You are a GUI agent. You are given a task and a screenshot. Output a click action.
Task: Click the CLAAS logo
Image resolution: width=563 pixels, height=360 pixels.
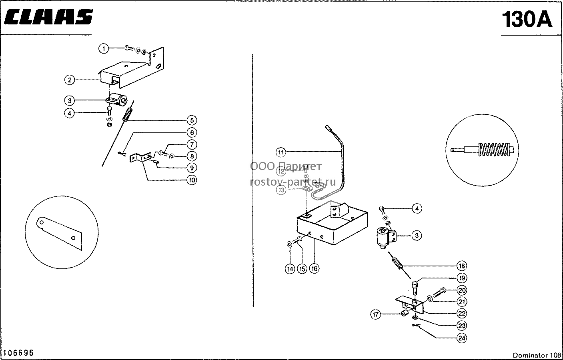[48, 17]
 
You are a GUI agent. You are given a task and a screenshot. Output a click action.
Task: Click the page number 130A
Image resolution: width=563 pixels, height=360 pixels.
[527, 20]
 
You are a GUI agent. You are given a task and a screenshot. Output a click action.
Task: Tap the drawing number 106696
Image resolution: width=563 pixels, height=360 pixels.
[18, 353]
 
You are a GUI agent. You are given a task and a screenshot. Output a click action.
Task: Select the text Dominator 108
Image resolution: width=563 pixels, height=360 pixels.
[537, 355]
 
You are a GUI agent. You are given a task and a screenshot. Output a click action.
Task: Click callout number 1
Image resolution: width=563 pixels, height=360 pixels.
[104, 48]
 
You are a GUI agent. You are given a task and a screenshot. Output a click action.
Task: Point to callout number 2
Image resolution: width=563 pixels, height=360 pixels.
[70, 80]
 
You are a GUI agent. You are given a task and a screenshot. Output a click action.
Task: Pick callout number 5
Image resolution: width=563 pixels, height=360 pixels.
[192, 120]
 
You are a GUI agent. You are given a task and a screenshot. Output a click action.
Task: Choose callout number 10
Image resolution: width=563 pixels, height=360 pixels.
[192, 180]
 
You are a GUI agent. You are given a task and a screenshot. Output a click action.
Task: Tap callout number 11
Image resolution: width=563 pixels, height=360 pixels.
[281, 152]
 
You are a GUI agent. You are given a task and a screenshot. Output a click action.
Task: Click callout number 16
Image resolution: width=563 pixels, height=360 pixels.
[314, 269]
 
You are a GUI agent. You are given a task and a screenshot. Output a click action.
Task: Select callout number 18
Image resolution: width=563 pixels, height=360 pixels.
[462, 266]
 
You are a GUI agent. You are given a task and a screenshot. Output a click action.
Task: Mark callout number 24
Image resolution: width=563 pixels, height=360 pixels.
[462, 338]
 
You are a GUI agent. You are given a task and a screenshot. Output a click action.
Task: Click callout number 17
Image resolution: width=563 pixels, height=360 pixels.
[375, 314]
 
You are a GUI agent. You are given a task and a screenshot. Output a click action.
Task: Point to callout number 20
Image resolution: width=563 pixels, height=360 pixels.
[462, 290]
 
